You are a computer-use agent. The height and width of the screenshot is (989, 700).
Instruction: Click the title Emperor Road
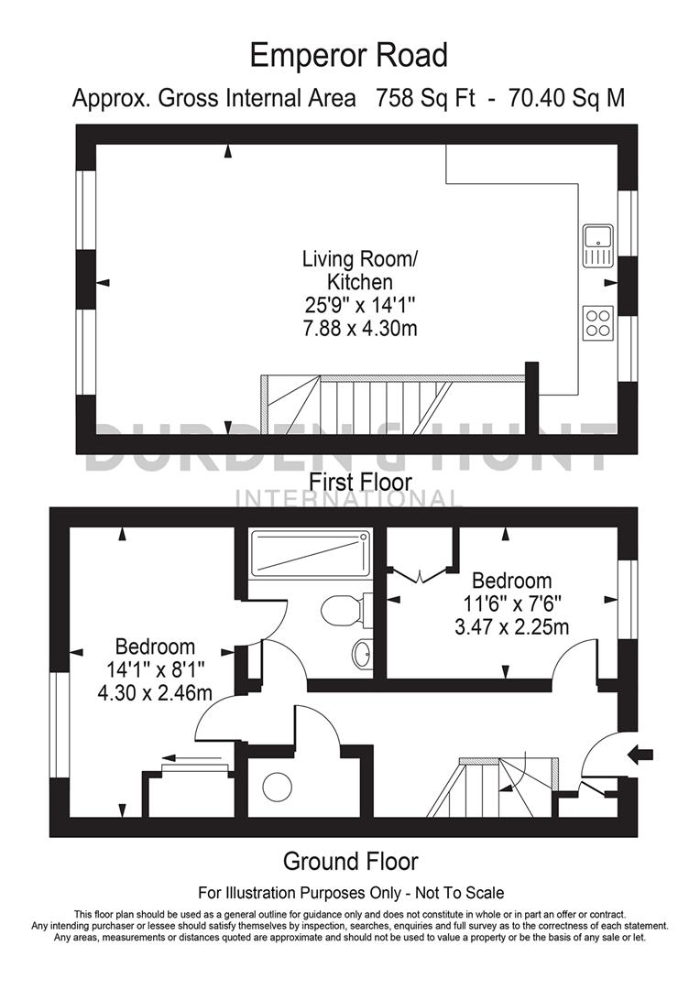[x=349, y=56]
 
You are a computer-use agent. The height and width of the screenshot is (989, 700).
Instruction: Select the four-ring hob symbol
[x=596, y=322]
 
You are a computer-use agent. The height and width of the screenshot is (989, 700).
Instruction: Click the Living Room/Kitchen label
[x=359, y=270]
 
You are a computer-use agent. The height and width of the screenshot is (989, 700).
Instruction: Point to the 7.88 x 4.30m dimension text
[x=360, y=328]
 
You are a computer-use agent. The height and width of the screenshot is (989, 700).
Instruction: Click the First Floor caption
[x=360, y=481]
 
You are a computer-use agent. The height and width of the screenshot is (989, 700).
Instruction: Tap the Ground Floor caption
[x=350, y=861]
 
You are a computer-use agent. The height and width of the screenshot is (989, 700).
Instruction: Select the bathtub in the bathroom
[x=311, y=554]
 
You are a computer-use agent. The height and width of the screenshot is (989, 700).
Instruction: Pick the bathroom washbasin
[x=363, y=652]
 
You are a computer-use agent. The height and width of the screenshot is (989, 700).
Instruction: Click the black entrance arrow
[x=640, y=754]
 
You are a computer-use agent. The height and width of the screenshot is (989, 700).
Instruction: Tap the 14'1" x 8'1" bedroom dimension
[x=154, y=670]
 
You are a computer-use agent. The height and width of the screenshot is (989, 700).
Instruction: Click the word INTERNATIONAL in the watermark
[x=349, y=499]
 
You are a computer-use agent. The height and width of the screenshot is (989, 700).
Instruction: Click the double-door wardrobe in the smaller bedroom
[x=420, y=564]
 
